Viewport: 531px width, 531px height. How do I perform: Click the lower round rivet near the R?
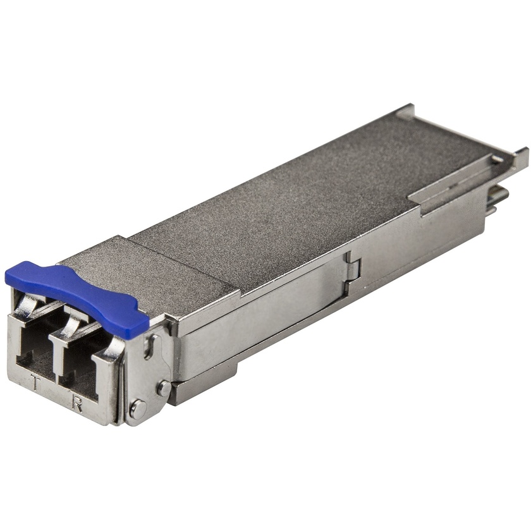[x=138, y=409]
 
